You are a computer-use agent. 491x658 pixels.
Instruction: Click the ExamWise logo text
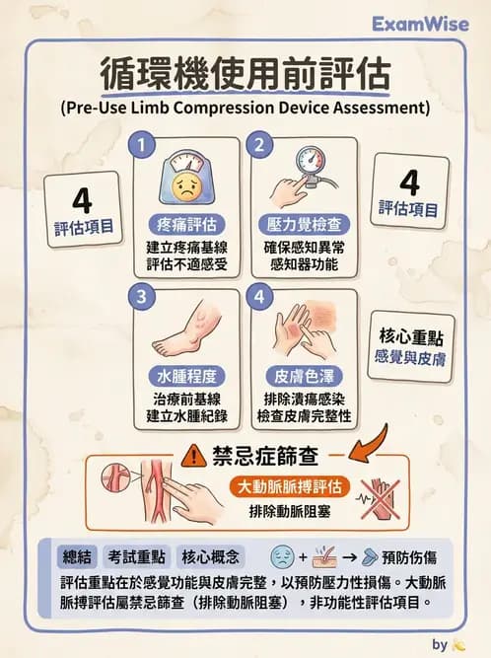[x=420, y=24]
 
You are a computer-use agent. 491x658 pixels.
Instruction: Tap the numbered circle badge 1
[x=142, y=145]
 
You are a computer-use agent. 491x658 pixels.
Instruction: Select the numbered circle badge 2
[x=259, y=145]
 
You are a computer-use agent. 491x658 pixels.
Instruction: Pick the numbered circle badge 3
[x=142, y=296]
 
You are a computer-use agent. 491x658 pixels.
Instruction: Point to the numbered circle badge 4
[x=259, y=296]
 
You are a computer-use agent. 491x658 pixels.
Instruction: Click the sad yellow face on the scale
[x=185, y=187]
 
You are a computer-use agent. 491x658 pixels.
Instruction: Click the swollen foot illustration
[x=187, y=331]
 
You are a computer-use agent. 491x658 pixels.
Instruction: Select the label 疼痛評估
[x=186, y=225]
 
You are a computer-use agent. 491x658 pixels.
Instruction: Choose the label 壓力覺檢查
[x=304, y=225]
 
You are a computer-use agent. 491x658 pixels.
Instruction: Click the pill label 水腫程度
[x=186, y=376]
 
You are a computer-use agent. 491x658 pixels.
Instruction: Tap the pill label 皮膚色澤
[x=304, y=376]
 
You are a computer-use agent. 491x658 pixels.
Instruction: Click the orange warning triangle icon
[x=193, y=456]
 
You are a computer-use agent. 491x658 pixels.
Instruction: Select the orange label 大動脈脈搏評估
[x=289, y=487]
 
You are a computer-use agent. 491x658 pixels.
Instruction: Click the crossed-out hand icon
[x=378, y=499]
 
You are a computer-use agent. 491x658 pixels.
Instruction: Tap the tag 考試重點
[x=136, y=556]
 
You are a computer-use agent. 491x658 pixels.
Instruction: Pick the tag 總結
[x=77, y=556]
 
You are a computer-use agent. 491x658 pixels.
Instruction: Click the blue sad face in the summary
[x=282, y=557]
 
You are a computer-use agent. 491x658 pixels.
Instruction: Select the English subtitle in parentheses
[x=245, y=108]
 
